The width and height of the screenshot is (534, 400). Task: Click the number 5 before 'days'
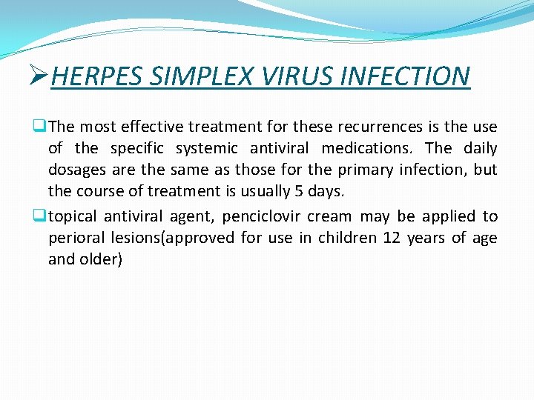[298, 191]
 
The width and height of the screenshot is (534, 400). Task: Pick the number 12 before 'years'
[395, 238]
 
